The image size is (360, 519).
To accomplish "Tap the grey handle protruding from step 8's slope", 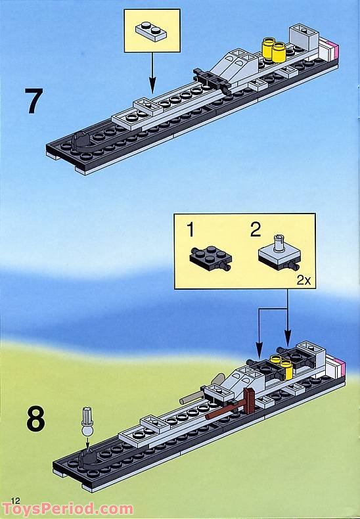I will tap(191, 397).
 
